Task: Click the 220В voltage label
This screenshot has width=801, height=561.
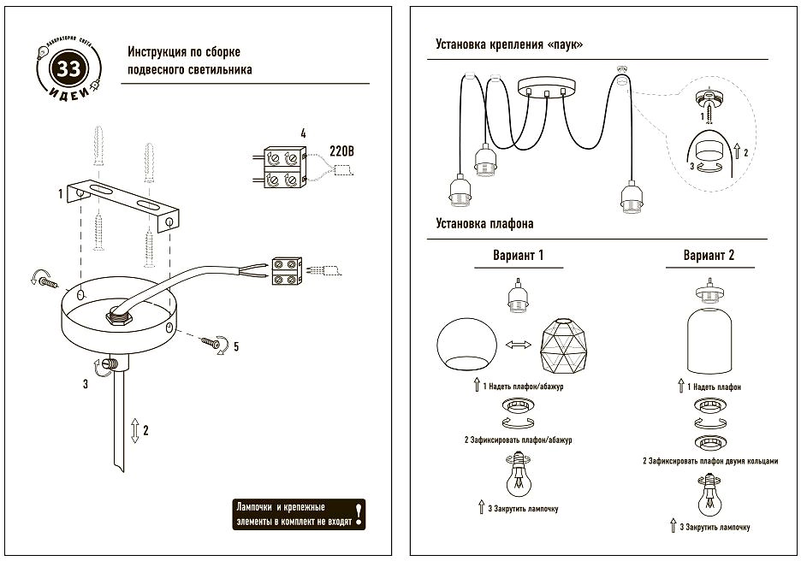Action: (x=341, y=151)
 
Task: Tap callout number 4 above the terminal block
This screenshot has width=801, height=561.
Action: (x=303, y=133)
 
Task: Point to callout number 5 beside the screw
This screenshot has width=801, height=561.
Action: (x=235, y=346)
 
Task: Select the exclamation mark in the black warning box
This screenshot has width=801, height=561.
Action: (x=359, y=511)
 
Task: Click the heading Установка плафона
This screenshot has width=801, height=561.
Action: (x=484, y=224)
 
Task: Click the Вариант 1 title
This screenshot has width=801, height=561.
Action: (x=518, y=255)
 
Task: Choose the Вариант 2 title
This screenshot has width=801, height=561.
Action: (x=709, y=255)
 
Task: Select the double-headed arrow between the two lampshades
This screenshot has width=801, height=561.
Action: (x=518, y=345)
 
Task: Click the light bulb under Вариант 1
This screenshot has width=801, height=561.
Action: (x=519, y=476)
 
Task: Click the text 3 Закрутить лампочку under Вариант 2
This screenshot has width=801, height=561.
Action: (x=715, y=527)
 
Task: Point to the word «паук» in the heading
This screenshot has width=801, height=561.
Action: (x=565, y=44)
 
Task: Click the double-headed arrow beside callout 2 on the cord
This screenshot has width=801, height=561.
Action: (x=135, y=430)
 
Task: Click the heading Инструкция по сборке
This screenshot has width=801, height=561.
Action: (x=183, y=51)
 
